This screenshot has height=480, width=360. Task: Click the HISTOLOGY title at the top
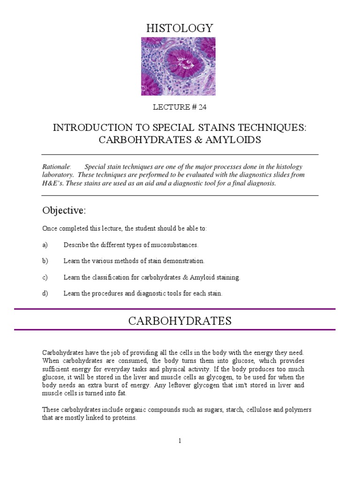[x=180, y=28]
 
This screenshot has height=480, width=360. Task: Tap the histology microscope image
[x=172, y=66]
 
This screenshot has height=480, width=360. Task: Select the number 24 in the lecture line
[x=202, y=107]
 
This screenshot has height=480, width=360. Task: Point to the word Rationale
[x=56, y=167]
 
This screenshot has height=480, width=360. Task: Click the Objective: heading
[x=64, y=210]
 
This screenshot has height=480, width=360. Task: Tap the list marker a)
[x=45, y=245]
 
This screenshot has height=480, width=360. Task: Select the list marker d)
[x=45, y=293]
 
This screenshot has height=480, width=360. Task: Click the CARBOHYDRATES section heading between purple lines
[x=180, y=321]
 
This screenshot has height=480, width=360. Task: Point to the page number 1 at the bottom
[x=180, y=441]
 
